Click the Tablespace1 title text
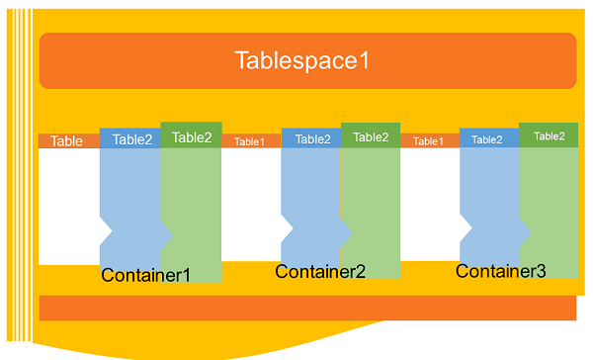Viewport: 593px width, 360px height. (301, 60)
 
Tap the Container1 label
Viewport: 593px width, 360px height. (145, 276)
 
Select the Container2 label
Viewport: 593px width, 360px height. (320, 272)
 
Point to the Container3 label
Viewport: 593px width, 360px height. (500, 270)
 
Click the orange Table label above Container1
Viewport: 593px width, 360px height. (67, 141)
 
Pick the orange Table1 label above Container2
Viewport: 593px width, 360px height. (249, 141)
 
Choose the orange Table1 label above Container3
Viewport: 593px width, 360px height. (428, 141)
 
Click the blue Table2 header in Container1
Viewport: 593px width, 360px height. (131, 139)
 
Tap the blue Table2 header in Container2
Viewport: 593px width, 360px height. (312, 139)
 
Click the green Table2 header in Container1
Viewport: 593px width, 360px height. (192, 137)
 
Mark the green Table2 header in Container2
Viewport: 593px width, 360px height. (371, 137)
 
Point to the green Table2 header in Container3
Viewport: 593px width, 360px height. (550, 136)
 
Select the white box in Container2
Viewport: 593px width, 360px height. (250, 204)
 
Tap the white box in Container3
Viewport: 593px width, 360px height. (429, 204)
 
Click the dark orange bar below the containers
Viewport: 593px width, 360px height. (307, 308)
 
